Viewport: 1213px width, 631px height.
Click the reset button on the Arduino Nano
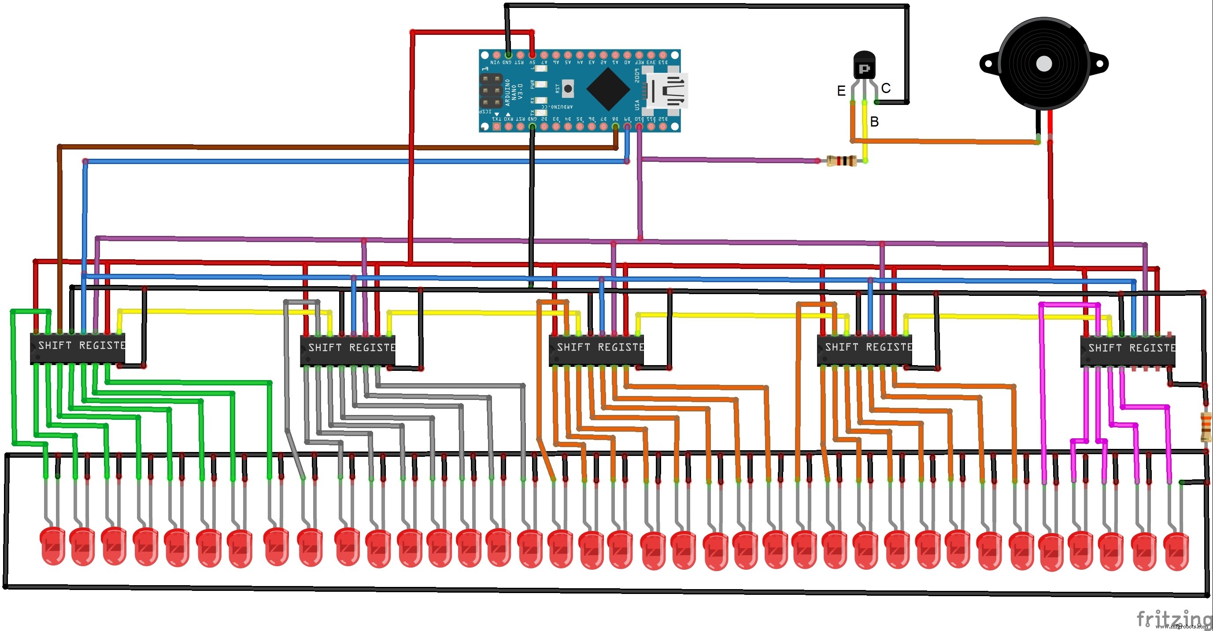click(x=568, y=88)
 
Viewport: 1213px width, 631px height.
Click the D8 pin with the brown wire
click(x=615, y=127)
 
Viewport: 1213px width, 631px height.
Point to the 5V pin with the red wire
click(x=532, y=55)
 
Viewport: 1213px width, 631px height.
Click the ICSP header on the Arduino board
click(x=491, y=90)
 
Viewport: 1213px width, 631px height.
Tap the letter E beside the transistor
click(x=841, y=91)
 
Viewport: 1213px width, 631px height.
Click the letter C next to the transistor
click(x=886, y=88)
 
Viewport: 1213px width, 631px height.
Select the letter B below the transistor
click(x=874, y=122)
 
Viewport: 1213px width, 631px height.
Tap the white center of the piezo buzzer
click(x=1044, y=64)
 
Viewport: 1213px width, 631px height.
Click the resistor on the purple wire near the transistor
click(x=842, y=161)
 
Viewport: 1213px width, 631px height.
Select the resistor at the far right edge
click(x=1206, y=426)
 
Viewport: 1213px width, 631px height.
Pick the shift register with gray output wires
click(x=348, y=350)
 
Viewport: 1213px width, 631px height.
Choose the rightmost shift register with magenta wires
click(x=1127, y=351)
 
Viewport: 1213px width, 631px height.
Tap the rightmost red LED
click(x=1176, y=550)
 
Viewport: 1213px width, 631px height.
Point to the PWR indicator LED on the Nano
click(x=541, y=85)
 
